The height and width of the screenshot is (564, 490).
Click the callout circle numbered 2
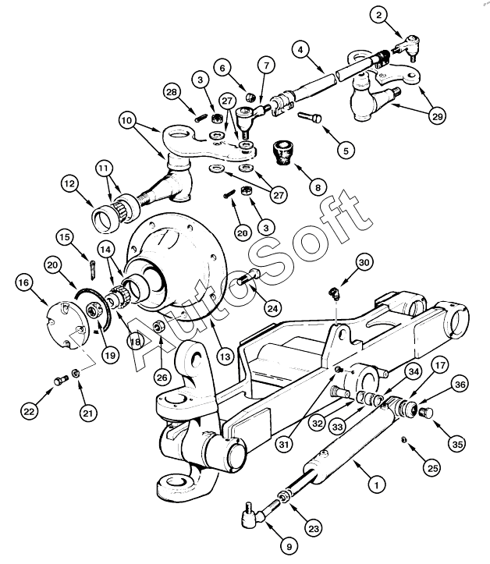pyautogui.click(x=378, y=16)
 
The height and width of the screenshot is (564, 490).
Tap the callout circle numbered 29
pyautogui.click(x=437, y=115)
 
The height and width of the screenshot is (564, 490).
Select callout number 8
pyautogui.click(x=318, y=187)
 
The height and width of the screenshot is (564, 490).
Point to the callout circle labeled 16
pyautogui.click(x=23, y=282)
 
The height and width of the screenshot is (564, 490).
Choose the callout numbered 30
pyautogui.click(x=364, y=262)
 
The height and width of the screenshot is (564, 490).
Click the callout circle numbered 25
pyautogui.click(x=432, y=467)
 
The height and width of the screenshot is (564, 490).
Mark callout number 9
pyautogui.click(x=289, y=547)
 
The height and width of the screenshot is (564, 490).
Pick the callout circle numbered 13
pyautogui.click(x=225, y=356)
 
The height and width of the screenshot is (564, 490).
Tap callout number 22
pyautogui.click(x=29, y=411)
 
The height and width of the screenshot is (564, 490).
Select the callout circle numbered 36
pyautogui.click(x=460, y=384)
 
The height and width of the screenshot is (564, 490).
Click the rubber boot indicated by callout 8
pyautogui.click(x=285, y=153)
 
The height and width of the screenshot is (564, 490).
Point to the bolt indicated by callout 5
pyautogui.click(x=310, y=117)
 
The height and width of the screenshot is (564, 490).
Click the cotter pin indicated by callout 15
pyautogui.click(x=92, y=268)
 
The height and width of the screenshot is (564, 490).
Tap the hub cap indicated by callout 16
pyautogui.click(x=69, y=326)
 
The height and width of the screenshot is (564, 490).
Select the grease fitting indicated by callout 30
pyautogui.click(x=333, y=293)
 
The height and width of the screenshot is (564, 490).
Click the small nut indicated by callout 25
pyautogui.click(x=403, y=439)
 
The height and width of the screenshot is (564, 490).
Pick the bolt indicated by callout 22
pyautogui.click(x=61, y=379)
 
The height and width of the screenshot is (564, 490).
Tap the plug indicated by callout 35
pyautogui.click(x=426, y=412)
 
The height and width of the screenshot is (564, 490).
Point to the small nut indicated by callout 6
pyautogui.click(x=250, y=97)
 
